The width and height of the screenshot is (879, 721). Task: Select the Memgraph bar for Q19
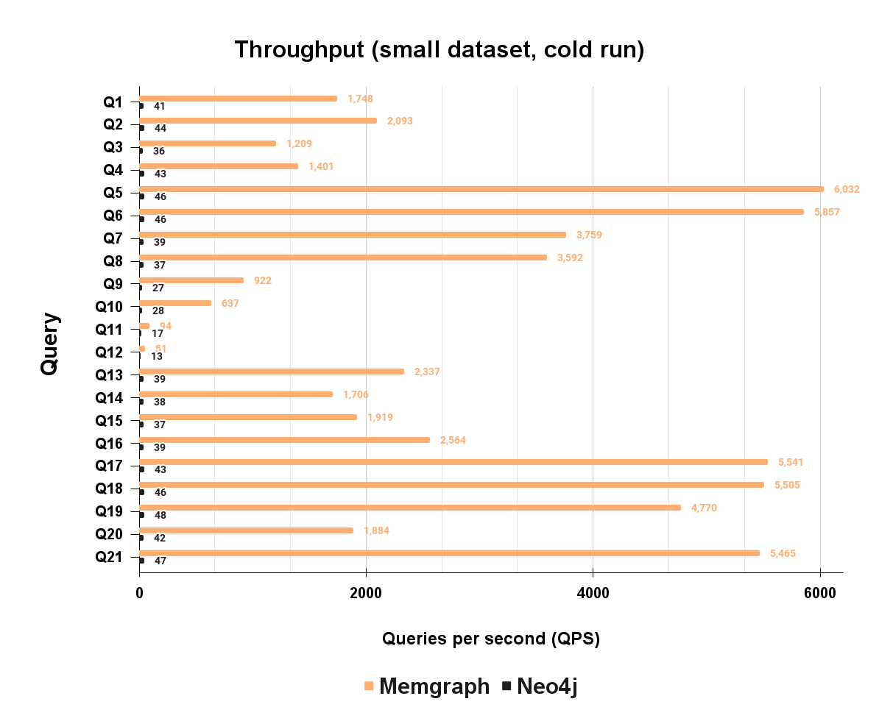click(409, 508)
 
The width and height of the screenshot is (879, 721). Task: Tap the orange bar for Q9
click(191, 280)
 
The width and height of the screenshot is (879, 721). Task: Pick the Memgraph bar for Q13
click(271, 372)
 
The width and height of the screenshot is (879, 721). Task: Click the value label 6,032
click(847, 189)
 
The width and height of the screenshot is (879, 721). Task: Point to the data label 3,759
click(589, 235)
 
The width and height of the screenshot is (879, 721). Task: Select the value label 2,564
click(453, 440)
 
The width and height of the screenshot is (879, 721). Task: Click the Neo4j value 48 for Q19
click(160, 515)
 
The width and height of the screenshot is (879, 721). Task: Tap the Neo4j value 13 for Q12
click(157, 356)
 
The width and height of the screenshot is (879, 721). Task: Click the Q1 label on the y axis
click(113, 102)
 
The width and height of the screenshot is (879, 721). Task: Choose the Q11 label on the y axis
click(110, 330)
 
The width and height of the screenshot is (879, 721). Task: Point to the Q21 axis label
click(110, 557)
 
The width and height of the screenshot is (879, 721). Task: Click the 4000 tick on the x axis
click(593, 594)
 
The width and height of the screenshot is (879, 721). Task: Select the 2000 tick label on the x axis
click(366, 594)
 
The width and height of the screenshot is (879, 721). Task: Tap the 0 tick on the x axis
click(139, 594)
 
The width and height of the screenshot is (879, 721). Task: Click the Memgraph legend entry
click(437, 686)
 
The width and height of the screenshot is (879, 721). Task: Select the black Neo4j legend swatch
click(506, 686)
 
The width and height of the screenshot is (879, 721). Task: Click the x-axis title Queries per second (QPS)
click(491, 639)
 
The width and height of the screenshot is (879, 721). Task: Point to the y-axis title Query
click(49, 344)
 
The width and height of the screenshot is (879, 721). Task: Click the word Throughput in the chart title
click(300, 50)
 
